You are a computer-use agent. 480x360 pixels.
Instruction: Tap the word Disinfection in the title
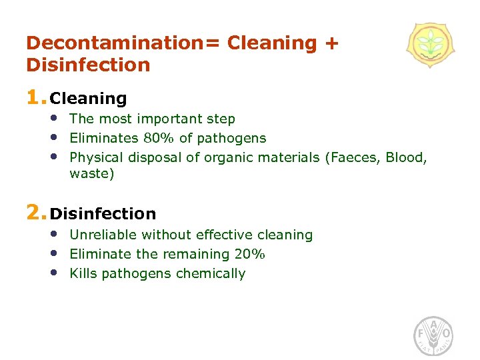tap(88, 65)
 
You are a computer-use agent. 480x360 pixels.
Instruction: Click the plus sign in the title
tap(331, 44)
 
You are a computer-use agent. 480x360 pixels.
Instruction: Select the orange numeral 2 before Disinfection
tap(33, 213)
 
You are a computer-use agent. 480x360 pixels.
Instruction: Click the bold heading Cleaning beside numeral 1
tap(89, 99)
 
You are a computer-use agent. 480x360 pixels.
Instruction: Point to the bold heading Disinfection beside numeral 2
tap(103, 214)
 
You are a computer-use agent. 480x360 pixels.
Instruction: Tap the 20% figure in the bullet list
tap(250, 254)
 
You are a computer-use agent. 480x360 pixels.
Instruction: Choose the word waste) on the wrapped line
tap(92, 175)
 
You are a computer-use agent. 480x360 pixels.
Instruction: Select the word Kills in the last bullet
tap(83, 273)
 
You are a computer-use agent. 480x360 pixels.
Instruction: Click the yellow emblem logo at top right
tap(431, 45)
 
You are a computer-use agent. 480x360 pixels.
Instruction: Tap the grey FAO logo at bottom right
tap(434, 335)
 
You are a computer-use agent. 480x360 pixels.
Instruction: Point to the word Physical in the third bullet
tap(96, 158)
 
